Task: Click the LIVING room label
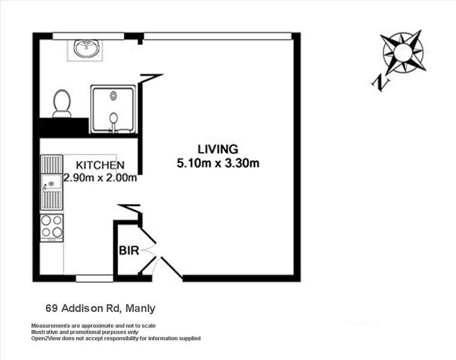click(x=218, y=149)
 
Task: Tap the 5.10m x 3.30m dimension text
click(x=218, y=163)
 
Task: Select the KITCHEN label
click(x=100, y=165)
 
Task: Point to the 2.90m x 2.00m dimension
click(x=100, y=178)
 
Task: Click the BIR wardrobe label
click(x=129, y=250)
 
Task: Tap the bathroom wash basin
click(x=87, y=48)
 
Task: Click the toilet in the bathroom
click(x=62, y=104)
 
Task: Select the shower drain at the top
click(x=113, y=95)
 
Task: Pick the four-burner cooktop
click(x=52, y=228)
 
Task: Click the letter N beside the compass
click(x=380, y=83)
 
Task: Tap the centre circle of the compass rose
click(x=403, y=52)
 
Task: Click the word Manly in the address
click(x=140, y=308)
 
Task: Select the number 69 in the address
click(x=52, y=308)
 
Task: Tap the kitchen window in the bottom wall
click(x=94, y=278)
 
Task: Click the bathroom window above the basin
click(x=88, y=36)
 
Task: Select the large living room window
click(x=218, y=36)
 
